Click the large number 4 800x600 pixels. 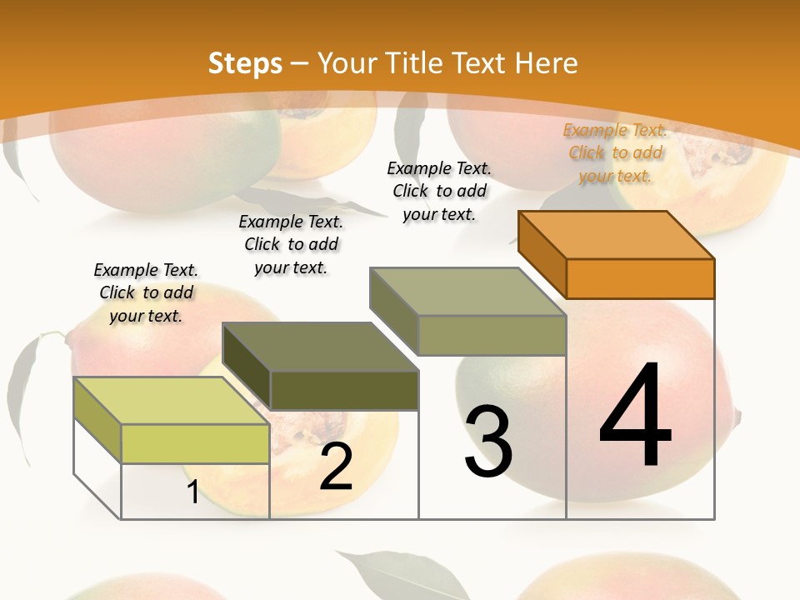[x=635, y=416]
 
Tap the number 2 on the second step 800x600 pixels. [x=337, y=467]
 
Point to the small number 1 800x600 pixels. [x=192, y=492]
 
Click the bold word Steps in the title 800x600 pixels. [x=245, y=63]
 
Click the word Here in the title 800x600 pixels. [x=547, y=63]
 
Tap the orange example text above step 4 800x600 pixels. [x=615, y=152]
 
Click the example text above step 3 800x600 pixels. [x=440, y=191]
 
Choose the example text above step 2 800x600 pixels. [x=291, y=244]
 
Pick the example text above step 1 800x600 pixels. [x=146, y=292]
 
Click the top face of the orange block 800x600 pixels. [x=617, y=234]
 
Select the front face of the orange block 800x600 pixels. [x=640, y=278]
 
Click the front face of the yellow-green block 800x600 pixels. [x=195, y=443]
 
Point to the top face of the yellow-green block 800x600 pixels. [x=171, y=400]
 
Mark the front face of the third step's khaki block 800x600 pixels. [x=492, y=335]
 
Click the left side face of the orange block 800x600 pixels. [x=542, y=254]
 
